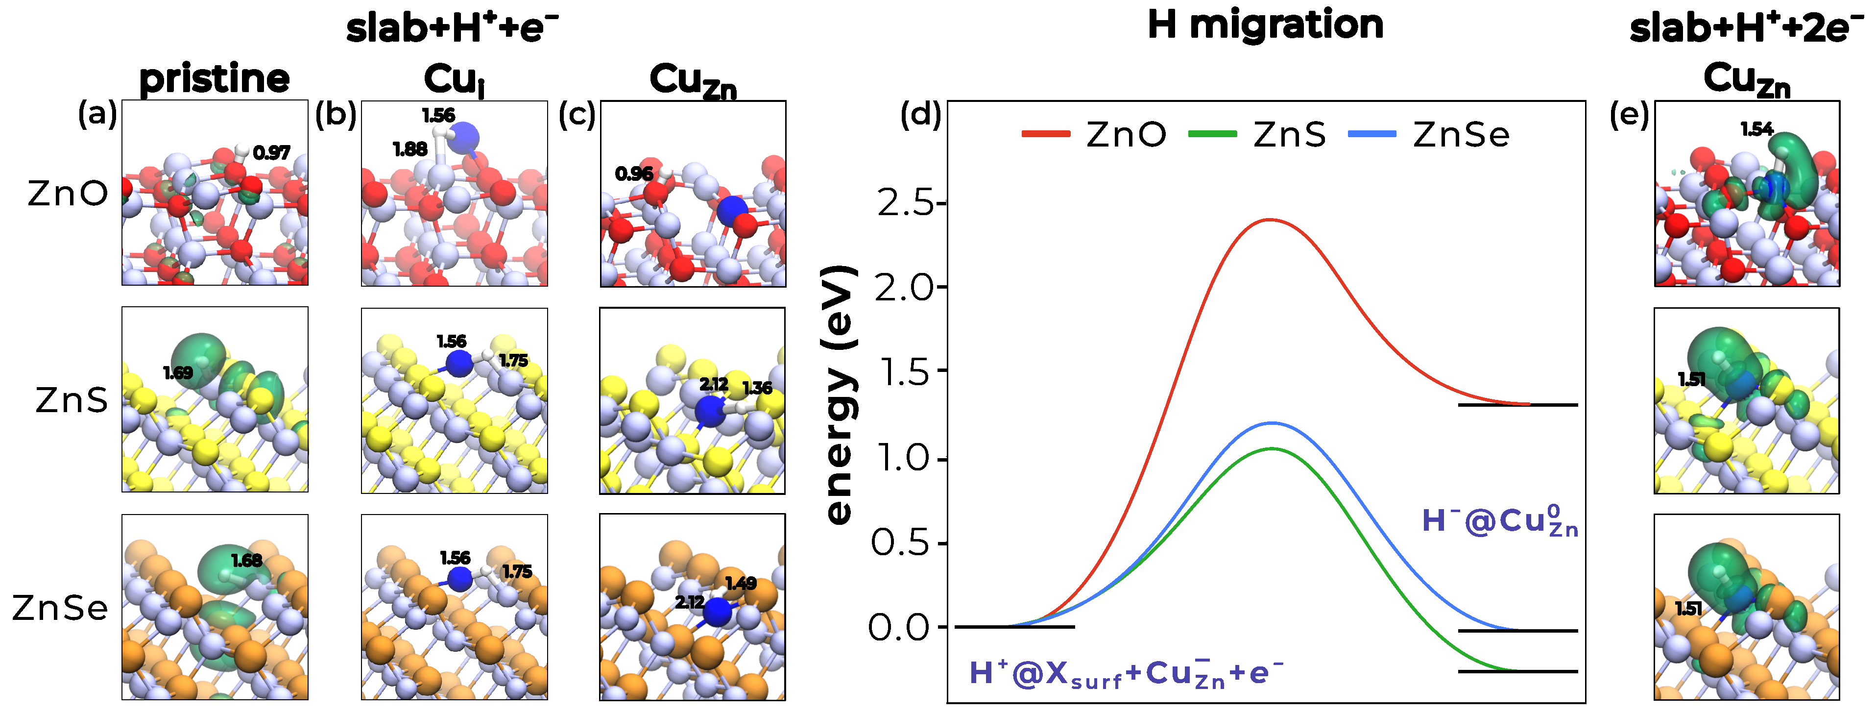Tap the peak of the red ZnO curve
coord(1269,219)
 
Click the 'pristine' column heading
coord(214,78)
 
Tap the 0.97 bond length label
coord(272,153)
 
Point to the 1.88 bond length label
coord(410,149)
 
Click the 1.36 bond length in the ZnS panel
coord(757,388)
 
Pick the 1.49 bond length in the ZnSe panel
coord(741,583)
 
